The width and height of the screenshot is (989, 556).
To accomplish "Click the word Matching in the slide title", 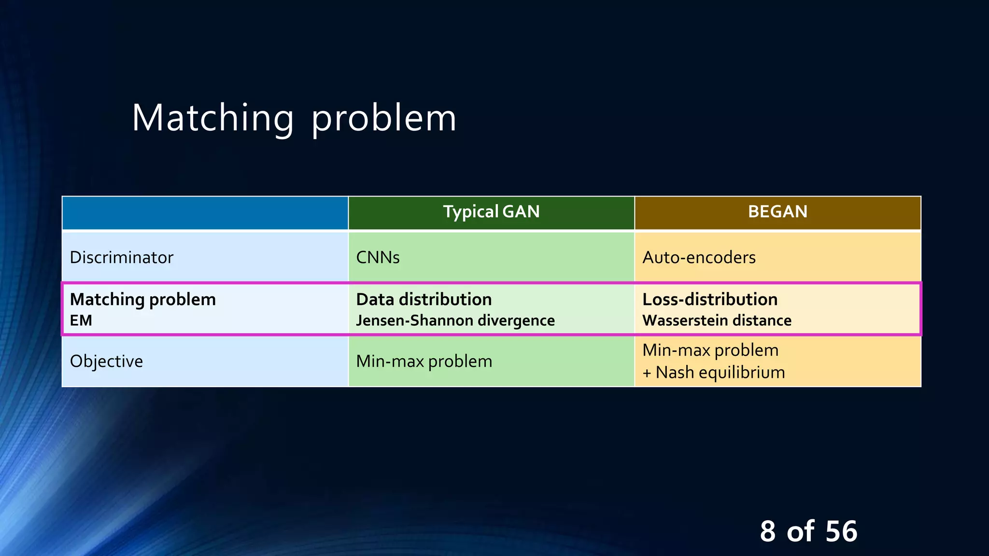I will point(212,118).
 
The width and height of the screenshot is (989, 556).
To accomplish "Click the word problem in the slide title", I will point(383,118).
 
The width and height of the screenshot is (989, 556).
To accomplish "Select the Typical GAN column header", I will point(491,212).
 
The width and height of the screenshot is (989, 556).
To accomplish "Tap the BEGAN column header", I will point(777,212).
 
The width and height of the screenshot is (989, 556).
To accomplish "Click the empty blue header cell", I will point(205,213).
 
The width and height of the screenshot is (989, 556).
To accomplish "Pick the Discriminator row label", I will point(121,257).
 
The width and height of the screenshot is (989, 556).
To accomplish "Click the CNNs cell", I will point(378,257).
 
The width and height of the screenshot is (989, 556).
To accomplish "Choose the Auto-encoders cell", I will point(699,257).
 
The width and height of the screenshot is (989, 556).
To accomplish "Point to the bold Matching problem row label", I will point(142,299).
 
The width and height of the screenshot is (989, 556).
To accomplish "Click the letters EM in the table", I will point(81,320).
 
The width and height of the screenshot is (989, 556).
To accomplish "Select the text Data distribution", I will point(424,299).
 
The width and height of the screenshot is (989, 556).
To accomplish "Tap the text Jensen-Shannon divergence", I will point(455,320).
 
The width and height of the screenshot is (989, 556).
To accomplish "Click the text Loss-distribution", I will point(709,299).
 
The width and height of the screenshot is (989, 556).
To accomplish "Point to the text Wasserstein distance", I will point(717,320).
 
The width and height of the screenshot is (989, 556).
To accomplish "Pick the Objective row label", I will point(106,361).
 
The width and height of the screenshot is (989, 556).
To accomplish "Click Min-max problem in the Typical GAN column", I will point(424,361).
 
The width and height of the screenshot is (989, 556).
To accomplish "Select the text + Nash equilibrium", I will point(713,373).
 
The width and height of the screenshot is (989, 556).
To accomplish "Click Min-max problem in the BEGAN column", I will point(710,350).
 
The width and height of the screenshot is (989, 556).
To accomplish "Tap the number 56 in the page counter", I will point(841,531).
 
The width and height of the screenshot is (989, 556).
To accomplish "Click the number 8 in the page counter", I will point(767,531).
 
